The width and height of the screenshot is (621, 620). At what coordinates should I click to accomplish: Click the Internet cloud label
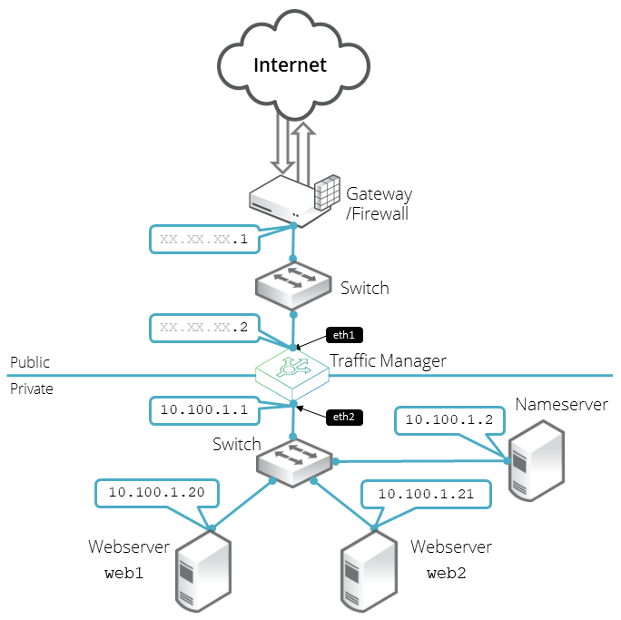point(290,65)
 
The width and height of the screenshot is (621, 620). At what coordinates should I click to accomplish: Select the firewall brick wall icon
point(325,194)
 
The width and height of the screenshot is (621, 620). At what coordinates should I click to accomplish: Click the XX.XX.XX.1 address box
point(202,240)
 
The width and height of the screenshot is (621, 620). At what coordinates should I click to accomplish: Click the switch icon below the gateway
point(292,285)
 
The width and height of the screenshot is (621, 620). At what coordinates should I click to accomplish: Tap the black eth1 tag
point(344,334)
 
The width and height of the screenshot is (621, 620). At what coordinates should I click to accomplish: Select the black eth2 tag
point(344,418)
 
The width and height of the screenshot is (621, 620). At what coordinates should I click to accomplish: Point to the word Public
point(30,362)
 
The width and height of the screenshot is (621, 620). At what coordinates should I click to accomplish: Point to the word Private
point(32,389)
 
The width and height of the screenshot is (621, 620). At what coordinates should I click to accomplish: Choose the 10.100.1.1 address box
point(203,409)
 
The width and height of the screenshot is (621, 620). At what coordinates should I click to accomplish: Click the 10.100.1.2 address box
point(447,419)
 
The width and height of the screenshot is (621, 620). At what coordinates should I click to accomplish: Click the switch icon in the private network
point(292,462)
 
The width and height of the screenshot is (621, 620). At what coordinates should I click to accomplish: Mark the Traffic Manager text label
point(389,360)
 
